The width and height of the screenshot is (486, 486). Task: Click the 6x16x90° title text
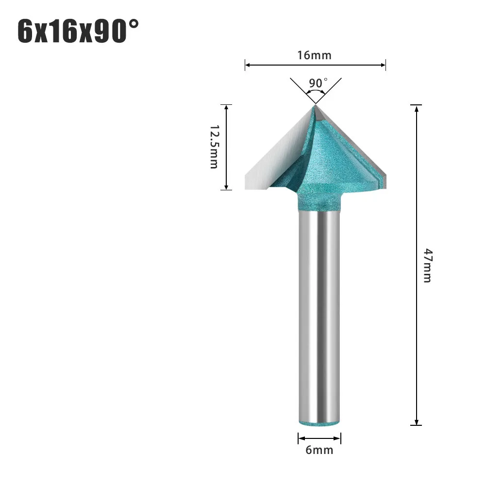click(78, 32)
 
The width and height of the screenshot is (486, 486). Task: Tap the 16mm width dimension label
click(315, 55)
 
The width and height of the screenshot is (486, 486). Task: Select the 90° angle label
click(318, 83)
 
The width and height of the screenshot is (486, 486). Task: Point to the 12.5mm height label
click(214, 147)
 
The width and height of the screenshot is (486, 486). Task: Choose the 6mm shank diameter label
click(319, 450)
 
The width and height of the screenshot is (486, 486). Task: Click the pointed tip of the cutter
click(315, 104)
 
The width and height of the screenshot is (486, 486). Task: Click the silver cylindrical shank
click(318, 316)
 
